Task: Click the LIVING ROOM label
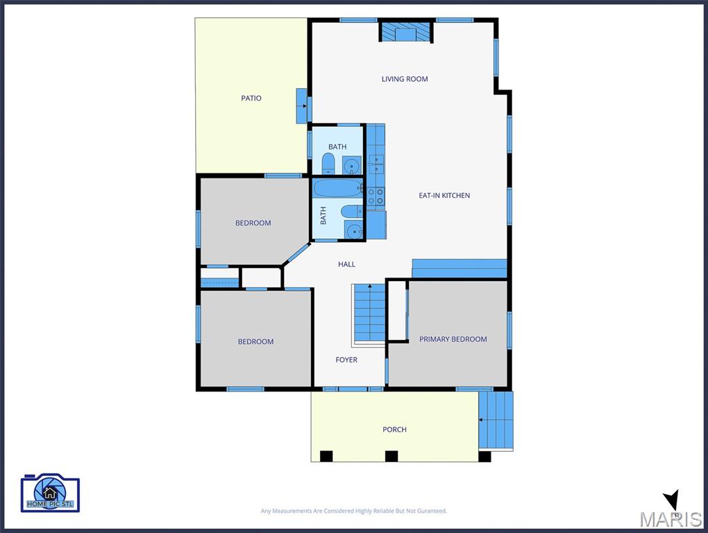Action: pos(405,79)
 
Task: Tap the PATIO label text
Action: pos(251,98)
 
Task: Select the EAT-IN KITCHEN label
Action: pos(444,196)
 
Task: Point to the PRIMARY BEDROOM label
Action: pos(453,339)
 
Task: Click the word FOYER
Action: pos(346,359)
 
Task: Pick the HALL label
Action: pos(347,264)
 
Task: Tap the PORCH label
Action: pos(395,429)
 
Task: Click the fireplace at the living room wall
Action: pos(405,33)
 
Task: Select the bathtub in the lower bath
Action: pos(337,188)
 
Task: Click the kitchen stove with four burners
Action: pos(376,196)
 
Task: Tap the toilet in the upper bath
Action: pos(328,163)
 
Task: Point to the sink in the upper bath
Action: pos(352,166)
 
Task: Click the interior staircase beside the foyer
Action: pos(369,314)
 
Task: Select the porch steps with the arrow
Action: pos(496,420)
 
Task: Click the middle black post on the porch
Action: pos(391,456)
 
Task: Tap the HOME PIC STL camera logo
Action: pos(50,493)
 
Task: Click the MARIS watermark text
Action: pos(671,519)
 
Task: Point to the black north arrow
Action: pos(672,500)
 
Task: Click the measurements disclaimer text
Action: pos(353,511)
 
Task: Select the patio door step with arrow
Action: pos(302,106)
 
